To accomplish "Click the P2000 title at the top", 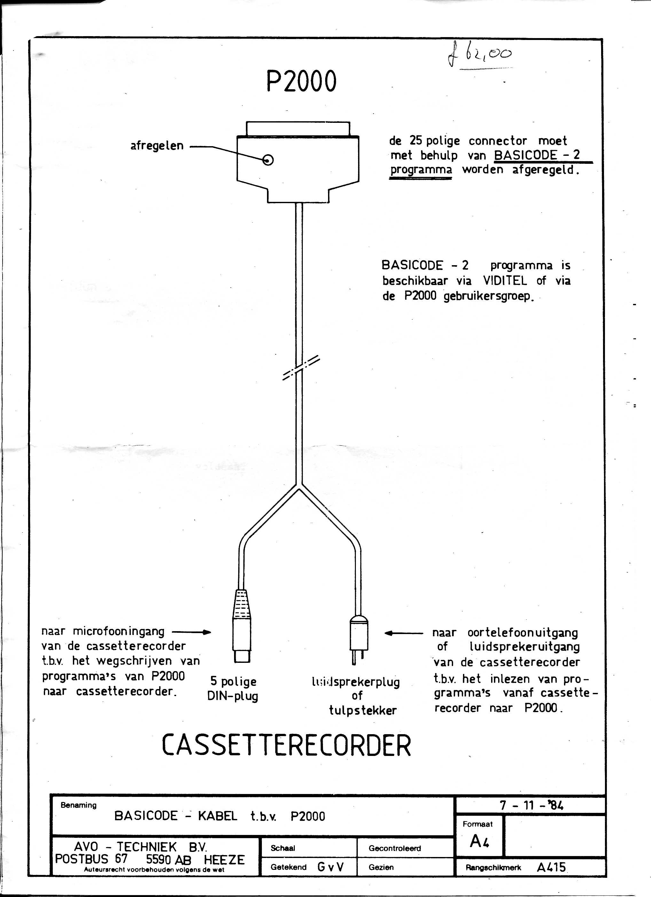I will point(301,81).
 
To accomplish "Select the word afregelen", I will point(157,146).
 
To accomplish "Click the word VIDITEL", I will point(505,281).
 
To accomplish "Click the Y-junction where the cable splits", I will point(299,486).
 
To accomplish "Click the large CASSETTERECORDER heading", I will point(286,745).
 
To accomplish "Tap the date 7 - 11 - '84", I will point(531,805).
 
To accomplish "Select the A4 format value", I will point(479,841).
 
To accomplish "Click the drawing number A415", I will point(551,867).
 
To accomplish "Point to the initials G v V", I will point(330,867).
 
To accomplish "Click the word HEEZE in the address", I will point(224,860).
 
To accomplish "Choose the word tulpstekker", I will point(363,710).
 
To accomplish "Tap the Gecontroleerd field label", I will point(395,848).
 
